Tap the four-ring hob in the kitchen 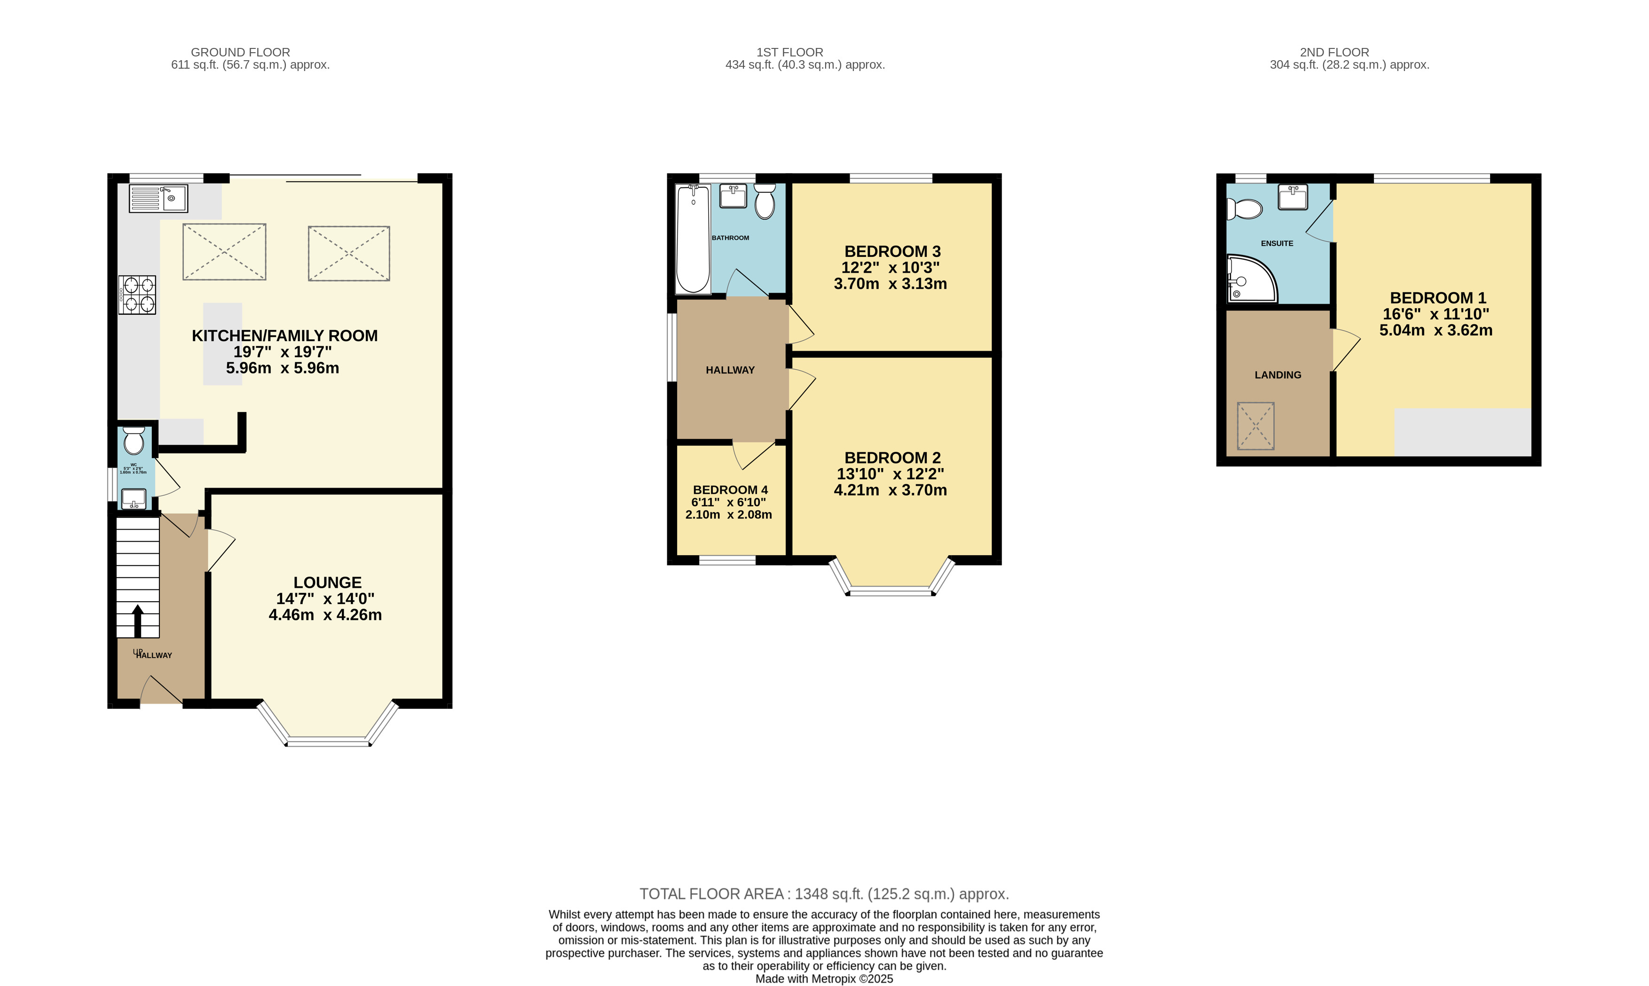(137, 295)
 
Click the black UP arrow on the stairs (137, 620)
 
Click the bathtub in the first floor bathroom (693, 239)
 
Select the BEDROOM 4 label (730, 490)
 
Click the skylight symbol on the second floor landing (1255, 426)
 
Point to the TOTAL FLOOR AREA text (823, 894)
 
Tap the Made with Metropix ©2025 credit (823, 978)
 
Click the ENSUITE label (1277, 243)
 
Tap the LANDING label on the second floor (1277, 375)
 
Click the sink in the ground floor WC (134, 498)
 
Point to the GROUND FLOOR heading (240, 52)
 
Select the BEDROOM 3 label (892, 251)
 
